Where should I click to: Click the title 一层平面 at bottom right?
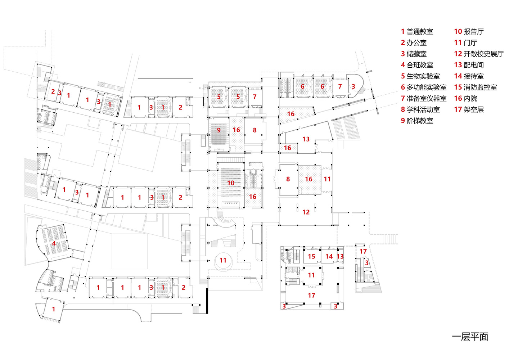pyautogui.click(x=470, y=337)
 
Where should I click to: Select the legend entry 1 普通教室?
pyautogui.click(x=417, y=32)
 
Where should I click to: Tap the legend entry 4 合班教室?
pyautogui.click(x=417, y=65)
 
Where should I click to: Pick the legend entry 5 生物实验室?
pyautogui.click(x=420, y=76)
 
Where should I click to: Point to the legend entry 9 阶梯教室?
pyautogui.click(x=417, y=121)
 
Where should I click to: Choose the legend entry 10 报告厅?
pyautogui.click(x=469, y=32)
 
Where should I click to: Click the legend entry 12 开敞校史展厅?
pyautogui.click(x=479, y=54)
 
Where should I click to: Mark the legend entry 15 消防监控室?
pyautogui.click(x=476, y=87)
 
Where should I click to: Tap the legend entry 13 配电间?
pyautogui.click(x=469, y=65)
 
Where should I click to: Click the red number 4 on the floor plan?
pyautogui.click(x=54, y=243)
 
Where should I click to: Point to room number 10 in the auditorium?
pyautogui.click(x=231, y=183)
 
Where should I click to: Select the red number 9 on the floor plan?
pyautogui.click(x=219, y=130)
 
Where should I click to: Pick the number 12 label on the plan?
pyautogui.click(x=306, y=212)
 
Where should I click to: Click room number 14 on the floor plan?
pyautogui.click(x=329, y=256)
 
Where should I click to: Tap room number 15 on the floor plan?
pyautogui.click(x=312, y=256)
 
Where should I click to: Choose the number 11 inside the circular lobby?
pyautogui.click(x=223, y=260)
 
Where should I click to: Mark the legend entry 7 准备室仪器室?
pyautogui.click(x=424, y=99)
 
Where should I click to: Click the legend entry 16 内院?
pyautogui.click(x=465, y=99)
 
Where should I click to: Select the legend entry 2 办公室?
pyautogui.click(x=414, y=43)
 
